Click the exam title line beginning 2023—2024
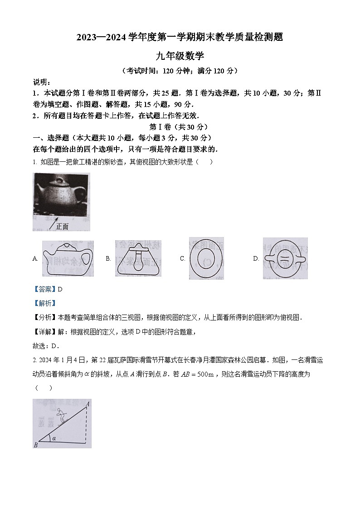tap(180, 38)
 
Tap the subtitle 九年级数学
tap(180, 56)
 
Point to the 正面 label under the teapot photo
tap(62, 227)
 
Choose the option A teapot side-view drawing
tap(68, 258)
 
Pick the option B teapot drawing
tap(138, 258)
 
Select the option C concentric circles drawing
tap(206, 258)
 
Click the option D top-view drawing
tap(285, 258)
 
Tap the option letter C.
tap(182, 259)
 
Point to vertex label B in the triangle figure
tap(35, 445)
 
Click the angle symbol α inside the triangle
tap(54, 438)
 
